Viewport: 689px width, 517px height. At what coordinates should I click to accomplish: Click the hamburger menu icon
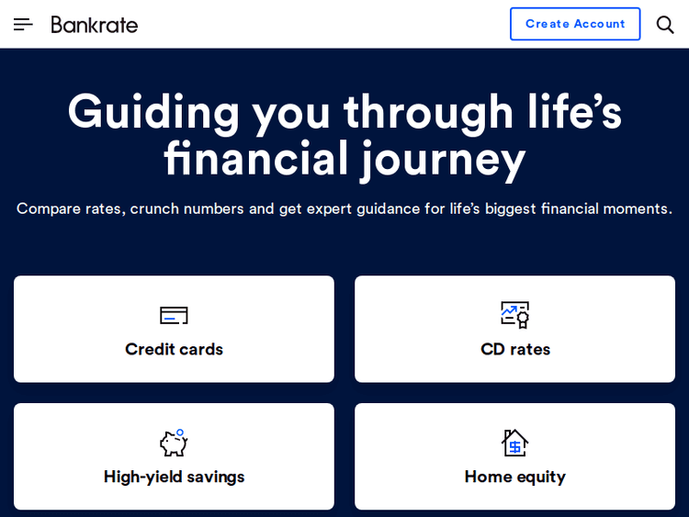[x=23, y=24]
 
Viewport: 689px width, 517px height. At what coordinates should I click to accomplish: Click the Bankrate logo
[x=95, y=24]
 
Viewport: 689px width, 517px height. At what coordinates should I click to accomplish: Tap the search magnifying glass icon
[x=665, y=24]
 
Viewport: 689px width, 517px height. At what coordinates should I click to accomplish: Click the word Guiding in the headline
[x=153, y=112]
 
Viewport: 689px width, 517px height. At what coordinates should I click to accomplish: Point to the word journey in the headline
[x=444, y=159]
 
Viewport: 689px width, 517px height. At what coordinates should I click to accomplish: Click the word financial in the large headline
[x=256, y=159]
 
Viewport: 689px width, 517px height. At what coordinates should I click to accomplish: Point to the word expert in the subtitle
[x=337, y=208]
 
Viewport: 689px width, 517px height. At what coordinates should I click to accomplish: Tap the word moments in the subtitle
[x=638, y=208]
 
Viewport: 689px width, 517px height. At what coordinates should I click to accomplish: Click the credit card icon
[x=174, y=316]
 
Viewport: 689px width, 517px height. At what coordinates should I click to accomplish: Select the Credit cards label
[x=174, y=349]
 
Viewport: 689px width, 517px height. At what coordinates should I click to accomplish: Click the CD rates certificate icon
[x=515, y=315]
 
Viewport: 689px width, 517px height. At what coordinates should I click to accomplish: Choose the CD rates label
[x=515, y=349]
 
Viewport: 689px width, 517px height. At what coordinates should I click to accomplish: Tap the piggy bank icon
[x=174, y=443]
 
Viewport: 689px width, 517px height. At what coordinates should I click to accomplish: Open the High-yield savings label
[x=174, y=477]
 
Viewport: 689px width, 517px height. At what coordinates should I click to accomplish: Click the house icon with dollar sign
[x=515, y=443]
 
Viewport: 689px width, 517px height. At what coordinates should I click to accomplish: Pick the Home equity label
[x=515, y=477]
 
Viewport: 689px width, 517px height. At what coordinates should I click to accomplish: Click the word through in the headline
[x=428, y=112]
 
